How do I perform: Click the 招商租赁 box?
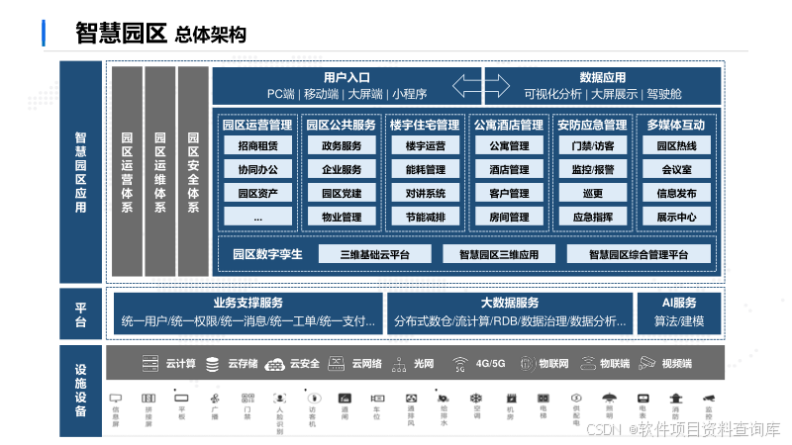257,146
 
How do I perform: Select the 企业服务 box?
341,169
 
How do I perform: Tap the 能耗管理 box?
425,169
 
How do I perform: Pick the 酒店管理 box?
509,169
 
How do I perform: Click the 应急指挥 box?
592,217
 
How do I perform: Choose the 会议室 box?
676,169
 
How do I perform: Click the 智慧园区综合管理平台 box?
638,254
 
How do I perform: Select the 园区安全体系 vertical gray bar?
193,171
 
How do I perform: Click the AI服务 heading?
679,303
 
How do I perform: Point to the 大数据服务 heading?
509,303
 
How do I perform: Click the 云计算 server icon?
150,364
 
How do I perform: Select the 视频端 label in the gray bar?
677,364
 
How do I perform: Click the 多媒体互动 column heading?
676,126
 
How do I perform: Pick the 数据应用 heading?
602,77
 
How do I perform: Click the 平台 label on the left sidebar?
80,314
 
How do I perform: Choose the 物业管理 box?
341,217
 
